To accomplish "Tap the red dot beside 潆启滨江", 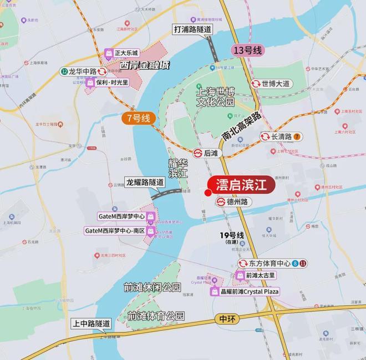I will (x=207, y=193).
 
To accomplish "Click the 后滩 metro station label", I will (x=207, y=152).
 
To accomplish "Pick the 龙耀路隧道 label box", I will (x=145, y=182).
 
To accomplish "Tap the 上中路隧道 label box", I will (x=91, y=323).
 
